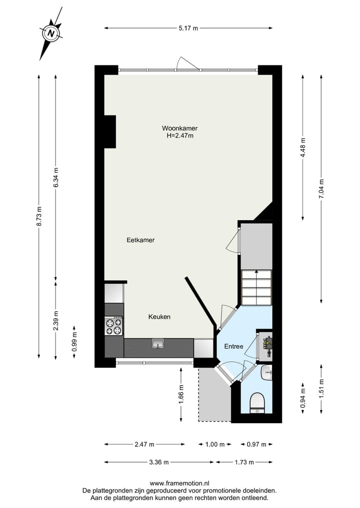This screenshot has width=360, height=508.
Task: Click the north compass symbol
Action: pos(50,33)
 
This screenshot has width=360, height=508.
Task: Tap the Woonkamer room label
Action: pos(179,128)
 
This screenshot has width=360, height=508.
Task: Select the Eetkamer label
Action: pos(140,240)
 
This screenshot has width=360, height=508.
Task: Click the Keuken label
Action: pos(159,317)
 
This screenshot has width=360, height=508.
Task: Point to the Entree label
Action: pos(233,346)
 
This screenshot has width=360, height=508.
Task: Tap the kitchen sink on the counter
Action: pos(158,344)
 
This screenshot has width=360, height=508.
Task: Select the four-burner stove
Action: pos(113,326)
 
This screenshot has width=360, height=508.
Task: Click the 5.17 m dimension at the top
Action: pos(188,28)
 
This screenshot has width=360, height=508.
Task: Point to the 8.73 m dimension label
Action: pos(39,216)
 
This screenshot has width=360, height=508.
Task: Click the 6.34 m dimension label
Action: pos(56,177)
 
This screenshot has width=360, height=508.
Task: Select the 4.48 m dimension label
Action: pos(302,147)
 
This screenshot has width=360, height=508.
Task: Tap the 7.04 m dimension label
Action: pos(321,189)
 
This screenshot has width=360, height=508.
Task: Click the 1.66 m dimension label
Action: pos(181,394)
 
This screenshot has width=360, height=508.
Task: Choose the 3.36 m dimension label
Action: pos(158,462)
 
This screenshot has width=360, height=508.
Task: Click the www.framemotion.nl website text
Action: pos(179,483)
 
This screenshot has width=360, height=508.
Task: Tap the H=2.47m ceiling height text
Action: pos(180,135)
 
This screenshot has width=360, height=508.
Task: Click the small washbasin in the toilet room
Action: pos(266,372)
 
